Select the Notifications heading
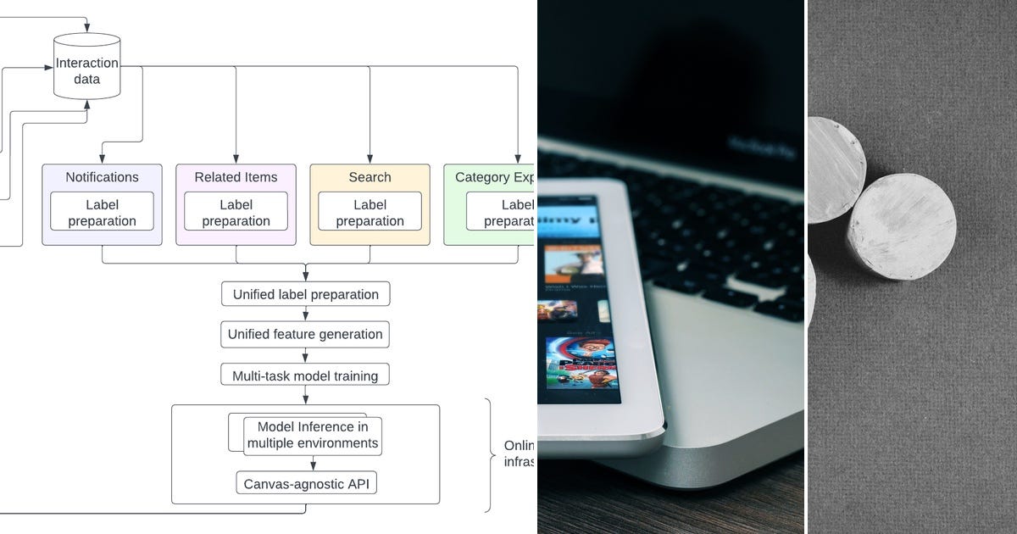coord(102,177)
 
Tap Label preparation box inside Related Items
coord(236,212)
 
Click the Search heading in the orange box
coord(370,177)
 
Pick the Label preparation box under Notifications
coord(102,212)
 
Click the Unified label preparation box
coord(306,294)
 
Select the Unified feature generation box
coord(306,334)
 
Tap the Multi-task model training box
coord(306,374)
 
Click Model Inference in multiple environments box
coord(313,436)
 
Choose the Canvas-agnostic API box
coord(306,484)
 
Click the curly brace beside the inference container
coord(490,455)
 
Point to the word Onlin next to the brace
coord(519,446)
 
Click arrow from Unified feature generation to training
coord(306,354)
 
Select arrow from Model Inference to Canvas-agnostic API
coord(313,463)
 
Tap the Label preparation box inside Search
coord(370,212)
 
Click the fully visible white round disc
coord(902,225)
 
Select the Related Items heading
coord(236,177)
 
